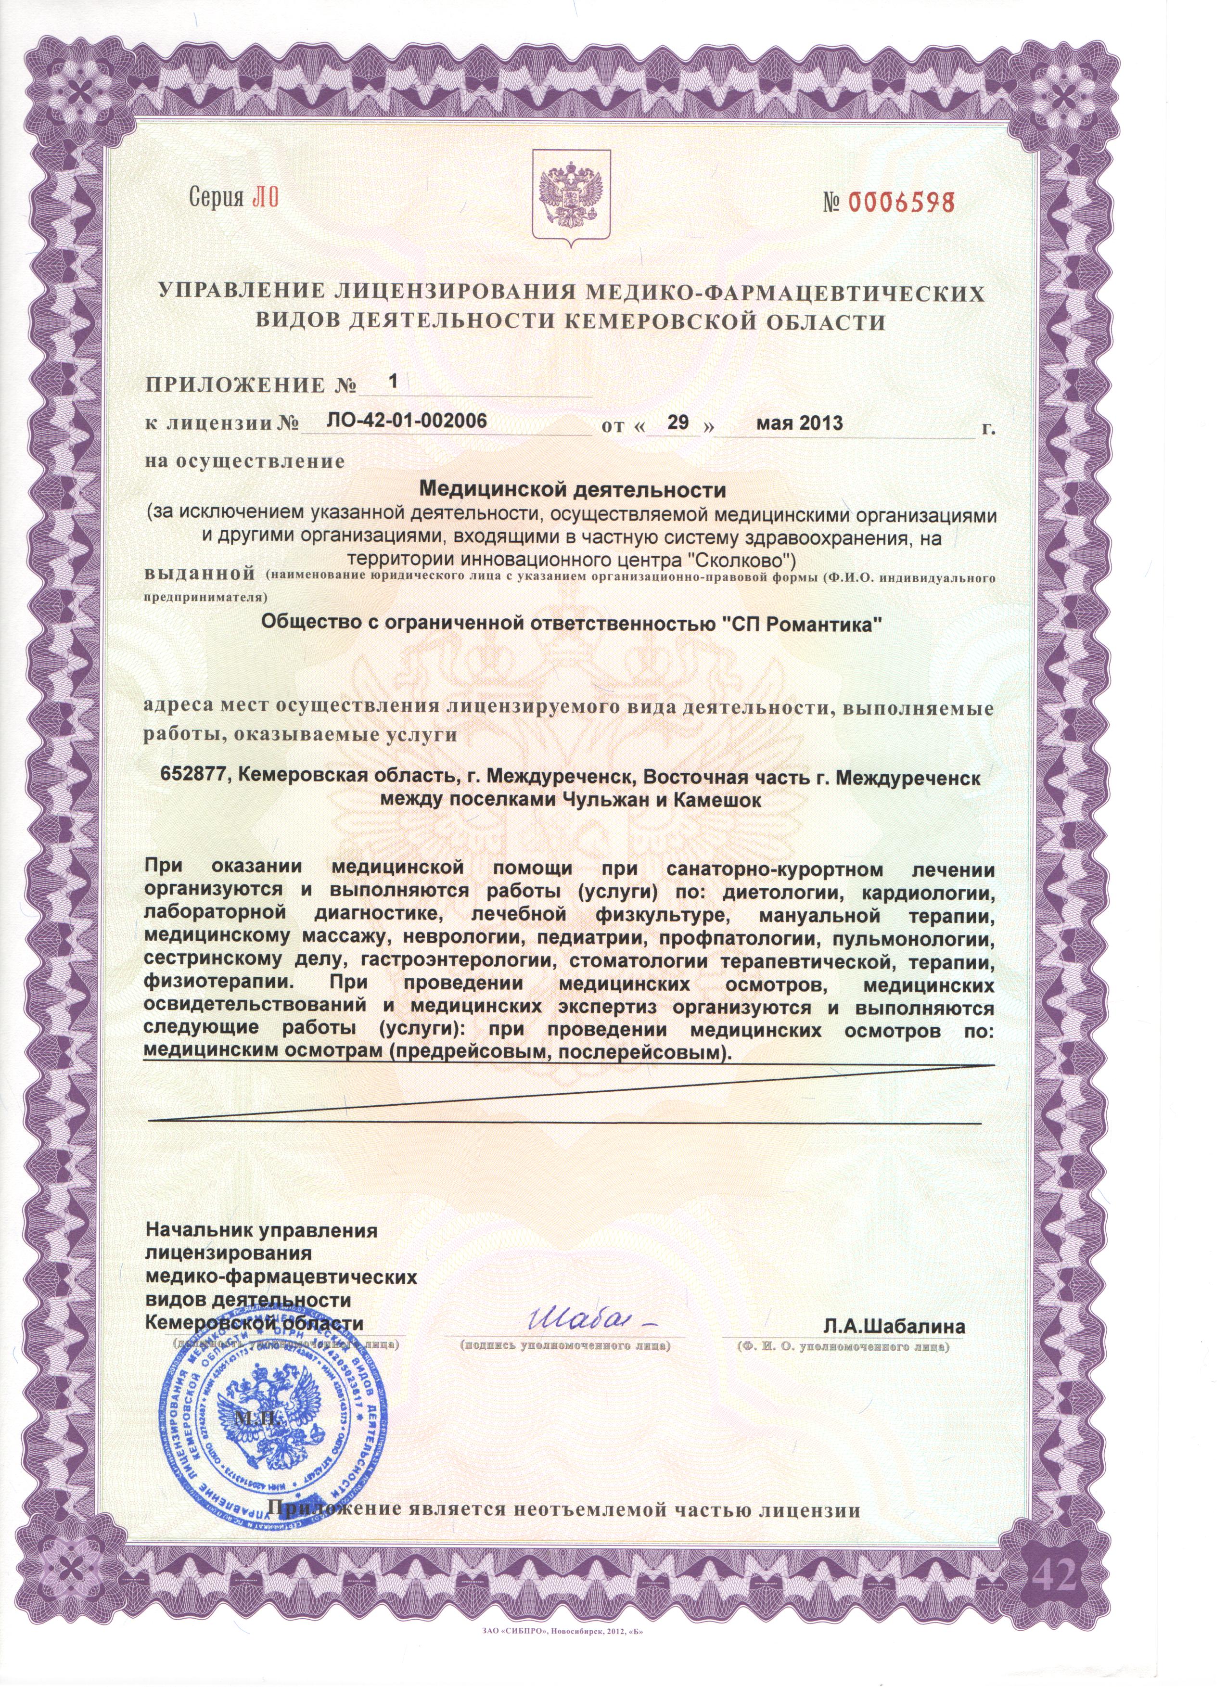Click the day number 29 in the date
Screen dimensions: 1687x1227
pos(678,422)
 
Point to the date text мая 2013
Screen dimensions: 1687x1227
pos(799,423)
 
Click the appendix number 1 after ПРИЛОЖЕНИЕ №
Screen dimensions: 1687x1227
pos(394,381)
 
